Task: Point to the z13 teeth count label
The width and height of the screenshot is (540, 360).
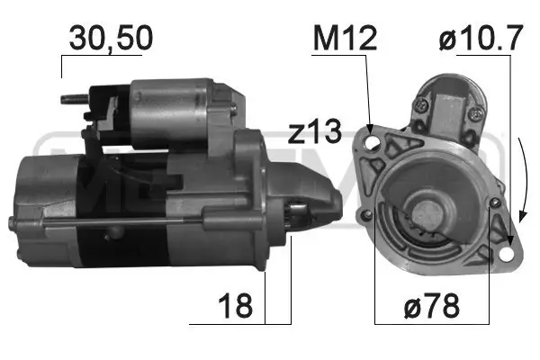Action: (x=315, y=133)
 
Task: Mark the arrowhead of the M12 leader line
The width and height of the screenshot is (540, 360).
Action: (x=370, y=122)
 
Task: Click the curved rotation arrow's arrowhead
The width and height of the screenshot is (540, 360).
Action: (x=521, y=216)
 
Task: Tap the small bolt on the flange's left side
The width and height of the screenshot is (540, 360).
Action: (x=367, y=214)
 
